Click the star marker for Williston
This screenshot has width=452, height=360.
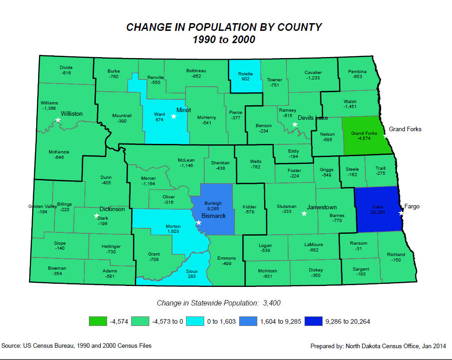coord(58,120)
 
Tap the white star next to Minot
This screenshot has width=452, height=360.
coord(173,116)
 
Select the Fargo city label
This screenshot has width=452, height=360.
coord(412,207)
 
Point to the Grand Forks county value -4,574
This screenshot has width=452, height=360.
coord(364,139)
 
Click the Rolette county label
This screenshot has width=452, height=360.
coord(245,74)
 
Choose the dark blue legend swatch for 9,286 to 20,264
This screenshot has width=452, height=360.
coord(313,321)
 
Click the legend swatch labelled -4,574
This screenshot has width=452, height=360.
coord(98,321)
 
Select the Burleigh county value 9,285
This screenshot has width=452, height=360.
coord(213,209)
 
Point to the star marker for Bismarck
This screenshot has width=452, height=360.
coord(199,222)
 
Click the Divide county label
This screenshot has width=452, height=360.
coord(66,68)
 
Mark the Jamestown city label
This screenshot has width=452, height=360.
coord(322,207)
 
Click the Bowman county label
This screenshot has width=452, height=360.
coord(57,268)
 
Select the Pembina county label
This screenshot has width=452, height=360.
coord(357,71)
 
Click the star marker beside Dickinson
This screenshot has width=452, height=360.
coord(96,216)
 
